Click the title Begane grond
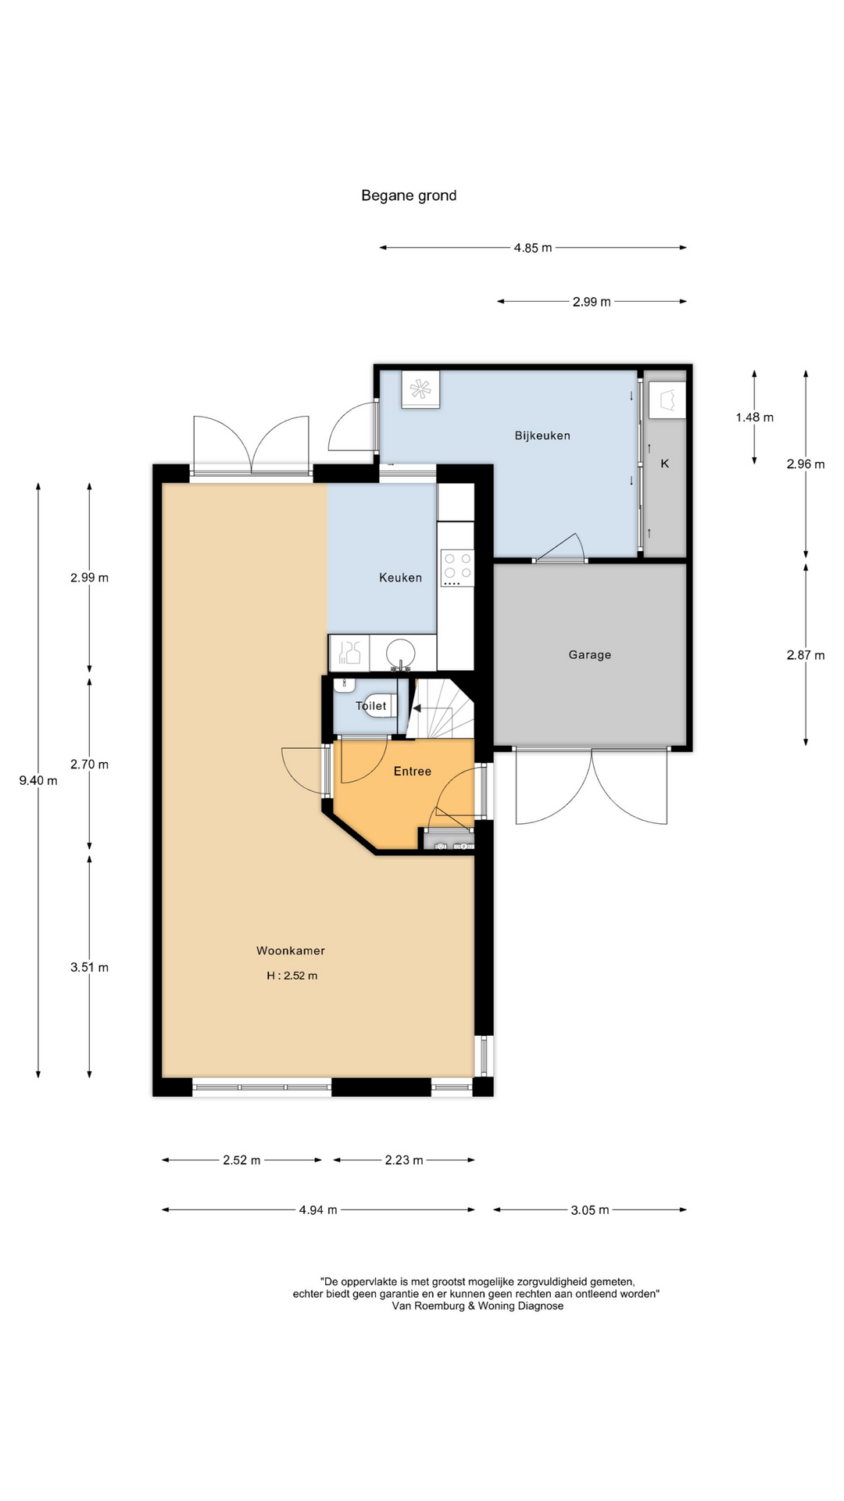click(x=409, y=196)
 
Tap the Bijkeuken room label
click(x=542, y=435)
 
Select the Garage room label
click(x=590, y=655)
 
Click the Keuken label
click(x=400, y=578)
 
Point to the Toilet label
click(x=371, y=706)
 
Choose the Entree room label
click(x=413, y=772)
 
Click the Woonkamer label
click(x=291, y=951)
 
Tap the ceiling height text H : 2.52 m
click(x=292, y=976)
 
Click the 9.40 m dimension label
click(x=38, y=780)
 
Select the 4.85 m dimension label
click(x=533, y=248)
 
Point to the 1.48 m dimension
click(x=755, y=417)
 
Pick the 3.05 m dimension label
click(x=590, y=1210)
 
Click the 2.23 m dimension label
click(x=404, y=1160)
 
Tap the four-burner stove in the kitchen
click(x=457, y=568)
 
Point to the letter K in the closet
click(x=665, y=464)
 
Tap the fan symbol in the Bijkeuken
click(x=420, y=389)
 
